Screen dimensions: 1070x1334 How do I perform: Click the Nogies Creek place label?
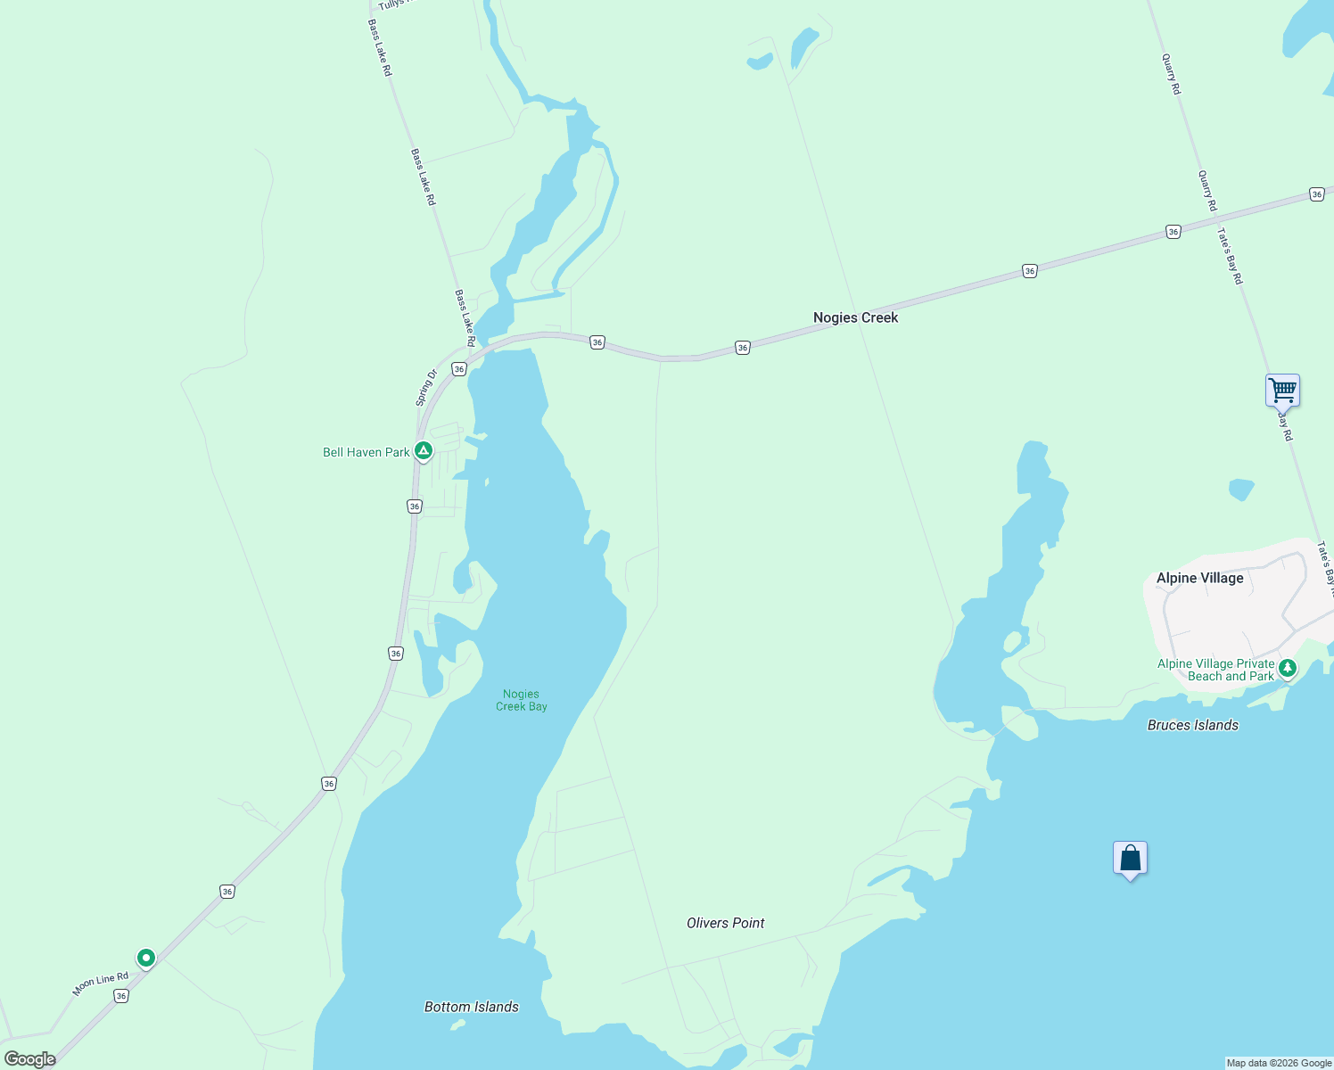[855, 317]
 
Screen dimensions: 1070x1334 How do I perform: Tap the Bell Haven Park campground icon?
[424, 451]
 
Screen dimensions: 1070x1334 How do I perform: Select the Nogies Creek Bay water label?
[522, 700]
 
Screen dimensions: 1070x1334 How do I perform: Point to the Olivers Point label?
[725, 923]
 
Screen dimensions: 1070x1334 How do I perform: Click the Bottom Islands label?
[471, 1007]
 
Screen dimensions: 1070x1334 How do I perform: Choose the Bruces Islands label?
[1192, 725]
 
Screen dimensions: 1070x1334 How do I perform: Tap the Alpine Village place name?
[1199, 578]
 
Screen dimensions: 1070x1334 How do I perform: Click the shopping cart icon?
[1282, 390]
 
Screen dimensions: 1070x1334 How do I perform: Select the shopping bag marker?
[1130, 859]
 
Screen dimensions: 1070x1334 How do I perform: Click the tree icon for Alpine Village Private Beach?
[1287, 668]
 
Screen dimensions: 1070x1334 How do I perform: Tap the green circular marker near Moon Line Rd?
[146, 958]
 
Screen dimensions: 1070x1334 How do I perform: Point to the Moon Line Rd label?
[101, 984]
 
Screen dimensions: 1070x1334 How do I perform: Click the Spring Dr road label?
[426, 388]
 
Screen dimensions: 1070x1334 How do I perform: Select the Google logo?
[29, 1059]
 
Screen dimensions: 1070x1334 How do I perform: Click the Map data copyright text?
[1279, 1063]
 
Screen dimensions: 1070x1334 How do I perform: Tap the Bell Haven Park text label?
[366, 452]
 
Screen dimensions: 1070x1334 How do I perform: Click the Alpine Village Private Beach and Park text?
[1215, 670]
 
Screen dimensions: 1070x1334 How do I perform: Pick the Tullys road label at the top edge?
[391, 4]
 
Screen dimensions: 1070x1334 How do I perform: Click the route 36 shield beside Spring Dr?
[459, 369]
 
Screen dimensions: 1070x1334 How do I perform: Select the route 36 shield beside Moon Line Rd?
[121, 996]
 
